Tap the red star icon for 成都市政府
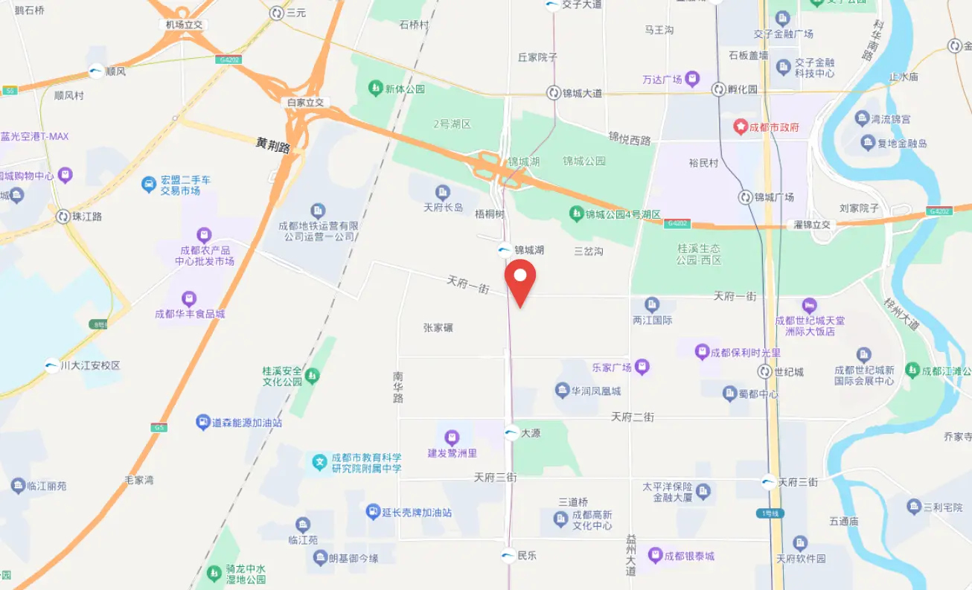pyautogui.click(x=741, y=127)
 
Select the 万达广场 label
pyautogui.click(x=662, y=79)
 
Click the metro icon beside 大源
pyautogui.click(x=511, y=432)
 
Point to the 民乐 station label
pyautogui.click(x=527, y=555)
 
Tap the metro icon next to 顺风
pyautogui.click(x=97, y=72)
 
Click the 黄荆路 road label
pyautogui.click(x=272, y=144)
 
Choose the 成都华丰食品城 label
pyautogui.click(x=190, y=314)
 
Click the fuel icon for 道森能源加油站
pyautogui.click(x=202, y=423)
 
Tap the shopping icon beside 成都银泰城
pyautogui.click(x=655, y=555)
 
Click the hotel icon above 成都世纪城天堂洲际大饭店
pyautogui.click(x=809, y=305)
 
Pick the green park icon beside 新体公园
pyautogui.click(x=376, y=89)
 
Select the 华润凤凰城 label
pyautogui.click(x=596, y=391)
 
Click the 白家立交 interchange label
pyautogui.click(x=306, y=103)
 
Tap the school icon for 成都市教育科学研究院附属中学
pyautogui.click(x=319, y=463)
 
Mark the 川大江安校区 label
pyautogui.click(x=90, y=365)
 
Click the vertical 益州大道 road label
pyautogui.click(x=631, y=555)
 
